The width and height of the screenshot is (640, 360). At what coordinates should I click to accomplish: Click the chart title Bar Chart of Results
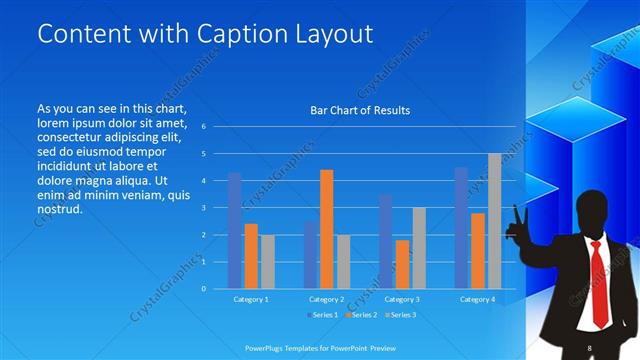(359, 110)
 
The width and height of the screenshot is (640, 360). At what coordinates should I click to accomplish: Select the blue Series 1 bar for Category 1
(234, 230)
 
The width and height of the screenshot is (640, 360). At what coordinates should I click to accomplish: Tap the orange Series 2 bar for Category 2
(326, 229)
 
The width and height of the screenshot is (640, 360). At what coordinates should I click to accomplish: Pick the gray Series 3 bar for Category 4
(494, 221)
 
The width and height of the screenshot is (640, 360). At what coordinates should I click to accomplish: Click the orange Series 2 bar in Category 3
(402, 264)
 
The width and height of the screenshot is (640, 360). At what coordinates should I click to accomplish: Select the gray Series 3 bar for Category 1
(267, 261)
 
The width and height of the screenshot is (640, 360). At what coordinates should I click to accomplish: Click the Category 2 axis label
(326, 299)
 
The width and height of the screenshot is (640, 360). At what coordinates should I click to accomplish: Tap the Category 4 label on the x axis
(477, 299)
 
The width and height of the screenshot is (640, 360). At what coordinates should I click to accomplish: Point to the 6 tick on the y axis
(203, 127)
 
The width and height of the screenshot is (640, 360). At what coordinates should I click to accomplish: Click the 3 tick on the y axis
(203, 208)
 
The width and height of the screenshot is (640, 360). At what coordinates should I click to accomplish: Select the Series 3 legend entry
(399, 315)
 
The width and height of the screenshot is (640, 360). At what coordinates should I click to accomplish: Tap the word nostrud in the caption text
(57, 209)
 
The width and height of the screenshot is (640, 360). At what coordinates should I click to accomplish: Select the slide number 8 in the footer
(590, 347)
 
